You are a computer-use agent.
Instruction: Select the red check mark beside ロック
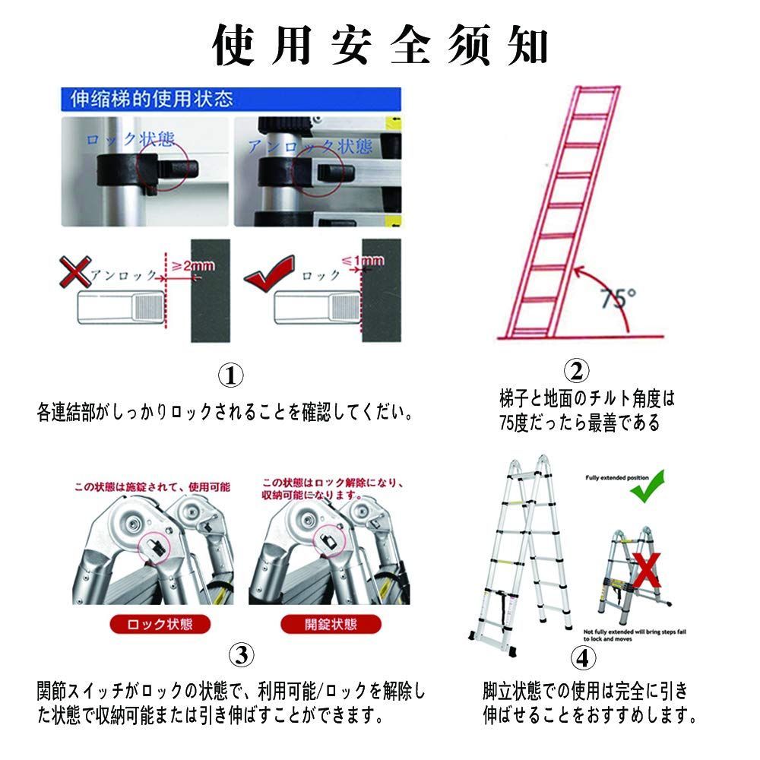[270, 270]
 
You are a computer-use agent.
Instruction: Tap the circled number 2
[576, 371]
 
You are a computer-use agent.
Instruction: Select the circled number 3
[241, 654]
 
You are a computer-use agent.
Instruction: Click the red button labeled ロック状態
[160, 624]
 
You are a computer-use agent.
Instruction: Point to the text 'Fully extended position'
[616, 477]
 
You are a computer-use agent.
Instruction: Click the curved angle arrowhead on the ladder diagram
[578, 268]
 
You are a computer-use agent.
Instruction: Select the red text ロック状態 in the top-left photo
[130, 139]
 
